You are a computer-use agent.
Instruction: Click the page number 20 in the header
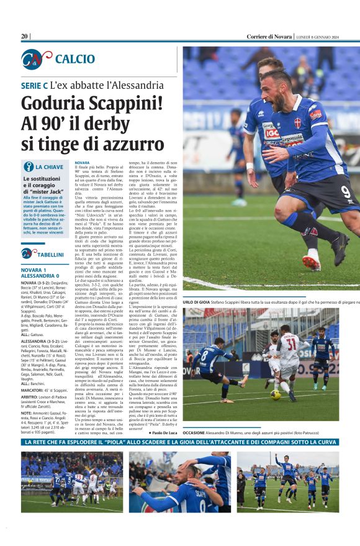point(25,36)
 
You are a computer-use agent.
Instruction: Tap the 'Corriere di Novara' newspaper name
point(269,36)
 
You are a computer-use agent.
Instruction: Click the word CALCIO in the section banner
point(75,59)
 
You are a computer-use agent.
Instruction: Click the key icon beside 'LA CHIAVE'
point(28,166)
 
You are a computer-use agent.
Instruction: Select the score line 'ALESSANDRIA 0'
point(40,276)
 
